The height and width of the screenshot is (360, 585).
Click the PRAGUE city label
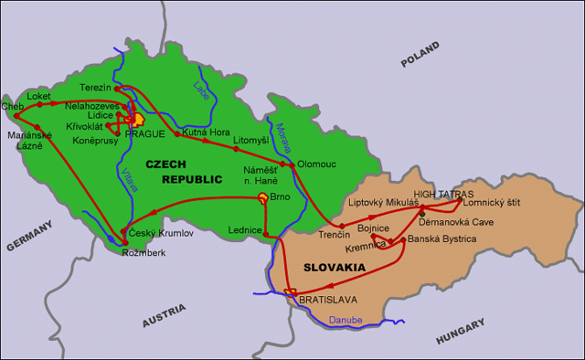[144, 133]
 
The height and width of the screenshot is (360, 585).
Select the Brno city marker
[263, 197]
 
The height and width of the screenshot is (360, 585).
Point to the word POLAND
[420, 60]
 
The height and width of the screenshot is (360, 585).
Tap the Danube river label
[345, 320]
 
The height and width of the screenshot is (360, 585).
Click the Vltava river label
[130, 179]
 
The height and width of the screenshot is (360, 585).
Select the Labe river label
[200, 91]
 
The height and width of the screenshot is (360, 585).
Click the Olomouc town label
[315, 164]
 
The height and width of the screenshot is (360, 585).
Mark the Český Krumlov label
[162, 234]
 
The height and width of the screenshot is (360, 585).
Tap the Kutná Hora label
[206, 132]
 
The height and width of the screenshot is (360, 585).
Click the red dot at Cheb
[16, 116]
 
